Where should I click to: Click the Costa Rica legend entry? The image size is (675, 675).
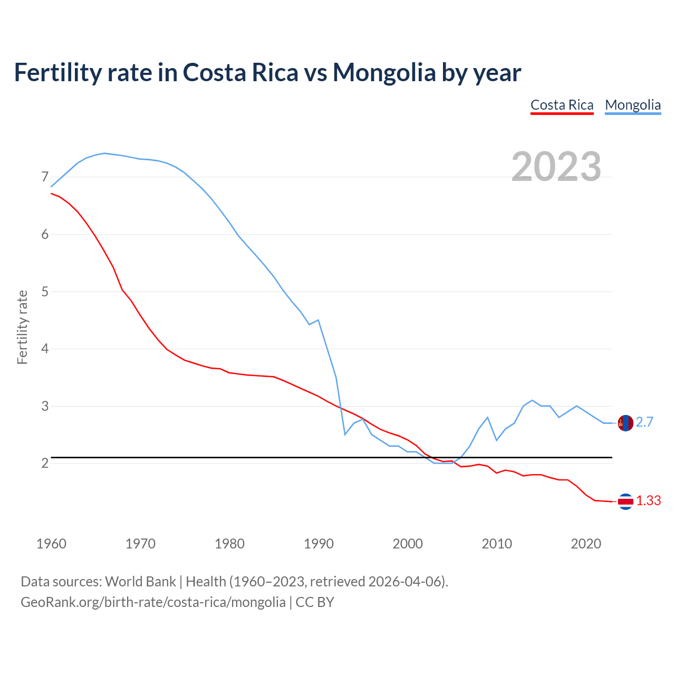point(562,105)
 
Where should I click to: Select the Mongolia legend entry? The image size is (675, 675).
point(633,105)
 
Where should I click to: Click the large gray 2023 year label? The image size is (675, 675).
point(556,167)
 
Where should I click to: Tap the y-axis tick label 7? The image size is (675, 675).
point(45,177)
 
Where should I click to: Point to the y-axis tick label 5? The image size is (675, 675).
point(45,292)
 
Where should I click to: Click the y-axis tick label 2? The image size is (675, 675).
point(45,464)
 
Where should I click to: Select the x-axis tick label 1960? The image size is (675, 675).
point(51,544)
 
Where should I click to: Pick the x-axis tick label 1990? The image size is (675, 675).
point(319,544)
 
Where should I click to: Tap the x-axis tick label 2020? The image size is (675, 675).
point(586,544)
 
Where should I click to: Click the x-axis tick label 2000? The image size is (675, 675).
point(408,544)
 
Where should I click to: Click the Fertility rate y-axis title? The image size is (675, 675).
point(22,327)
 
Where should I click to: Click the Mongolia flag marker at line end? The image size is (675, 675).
point(625,423)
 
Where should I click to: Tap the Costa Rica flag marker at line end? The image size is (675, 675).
point(625,502)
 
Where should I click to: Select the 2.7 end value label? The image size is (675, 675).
point(644,422)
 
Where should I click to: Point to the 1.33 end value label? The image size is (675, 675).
point(648,501)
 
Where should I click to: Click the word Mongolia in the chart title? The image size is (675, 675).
point(384,72)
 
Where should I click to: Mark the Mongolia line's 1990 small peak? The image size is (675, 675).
point(318,320)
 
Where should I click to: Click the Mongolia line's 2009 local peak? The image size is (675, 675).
point(487,417)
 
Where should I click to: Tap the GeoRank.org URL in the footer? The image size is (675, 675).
point(153,602)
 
